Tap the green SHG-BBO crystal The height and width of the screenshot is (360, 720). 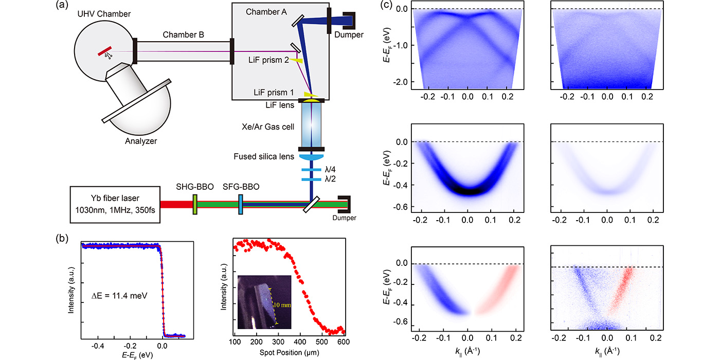(195, 204)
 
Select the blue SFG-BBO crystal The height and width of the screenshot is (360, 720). (241, 204)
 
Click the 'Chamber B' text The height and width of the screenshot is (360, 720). (184, 35)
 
